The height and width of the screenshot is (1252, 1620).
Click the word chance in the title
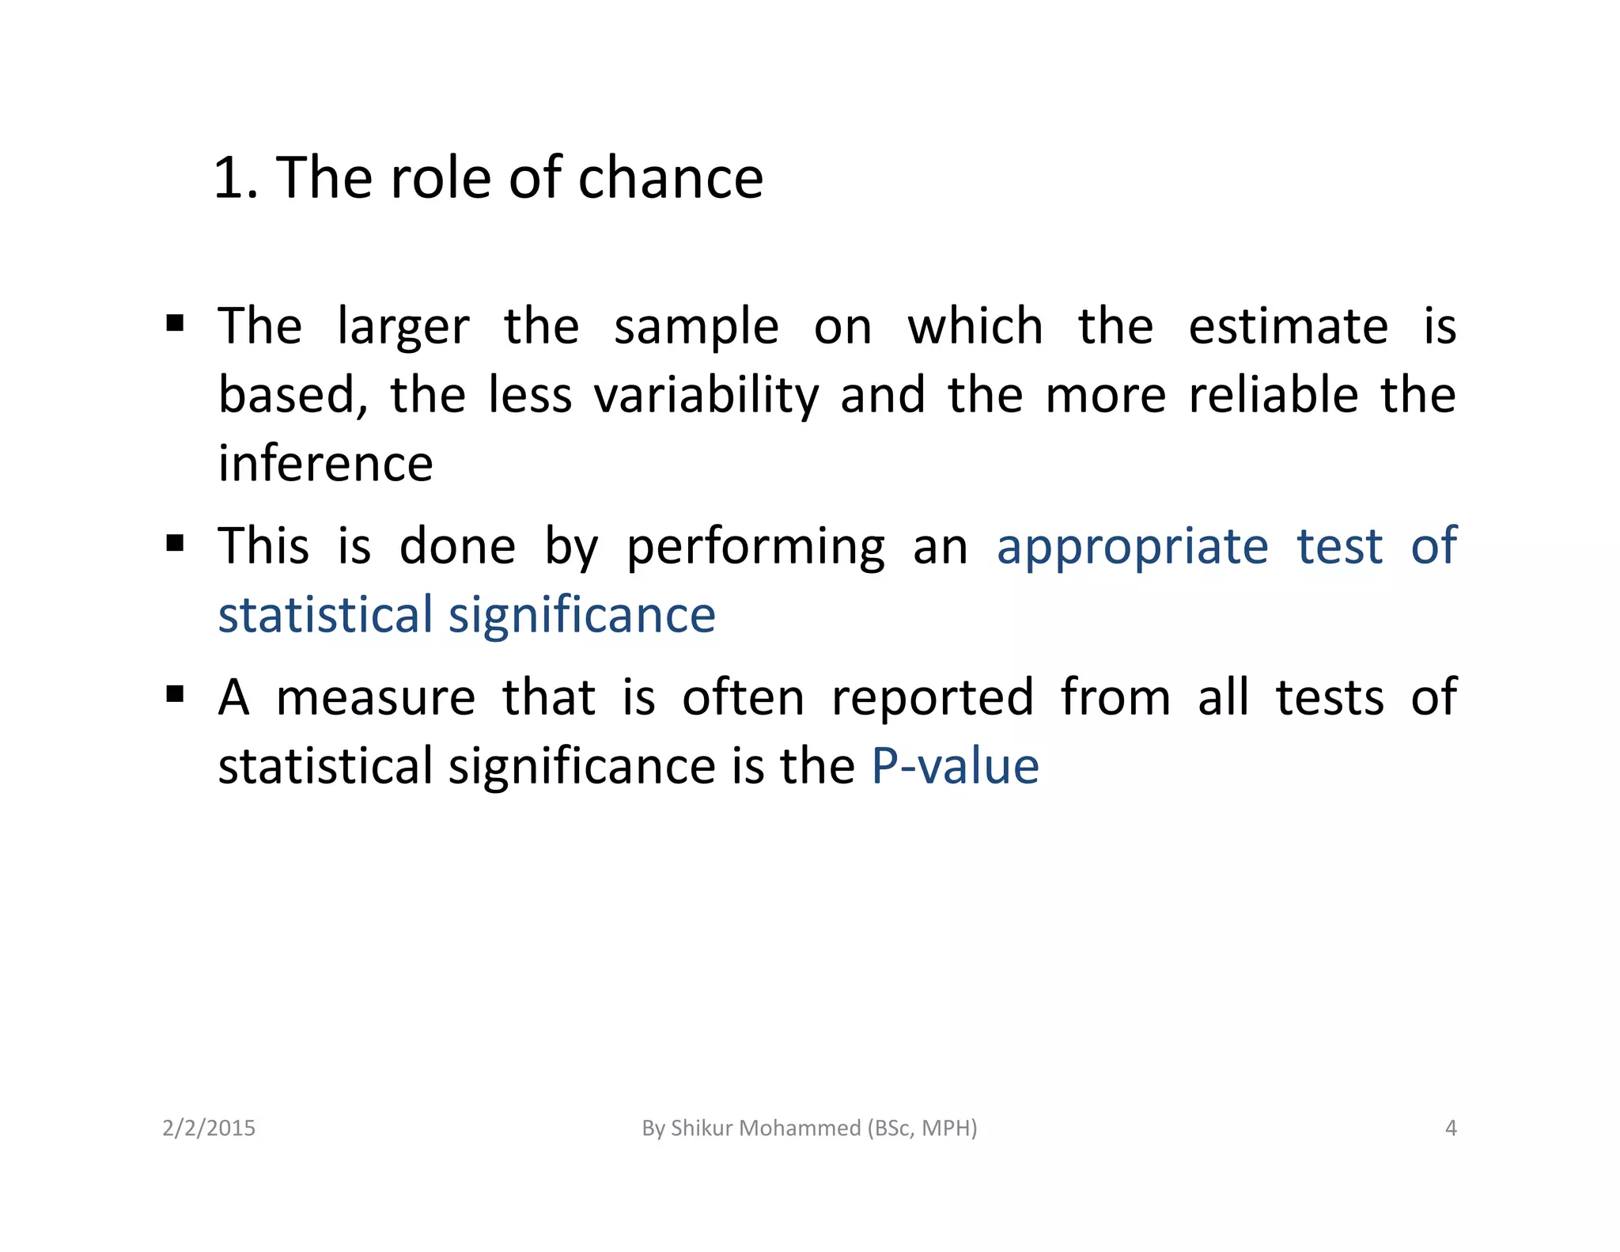click(x=670, y=177)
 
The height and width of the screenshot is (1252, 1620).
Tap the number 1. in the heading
click(x=236, y=177)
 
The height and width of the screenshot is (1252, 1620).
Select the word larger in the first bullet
click(x=403, y=326)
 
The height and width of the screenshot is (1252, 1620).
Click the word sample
click(x=696, y=326)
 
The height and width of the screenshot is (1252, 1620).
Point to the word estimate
click(x=1288, y=326)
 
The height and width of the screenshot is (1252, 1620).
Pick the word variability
click(x=706, y=395)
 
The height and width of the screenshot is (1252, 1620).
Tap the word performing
click(x=755, y=546)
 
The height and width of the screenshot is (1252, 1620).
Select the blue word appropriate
click(x=1132, y=546)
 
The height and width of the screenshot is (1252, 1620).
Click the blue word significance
click(x=582, y=615)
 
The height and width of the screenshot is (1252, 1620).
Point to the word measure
click(x=376, y=697)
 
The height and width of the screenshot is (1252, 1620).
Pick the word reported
click(x=933, y=697)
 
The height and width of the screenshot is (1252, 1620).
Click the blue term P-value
click(x=955, y=766)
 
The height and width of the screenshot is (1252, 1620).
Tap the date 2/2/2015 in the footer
click(x=209, y=1128)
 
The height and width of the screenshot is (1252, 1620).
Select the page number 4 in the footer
click(x=1451, y=1128)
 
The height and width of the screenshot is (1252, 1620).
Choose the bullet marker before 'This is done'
click(x=176, y=543)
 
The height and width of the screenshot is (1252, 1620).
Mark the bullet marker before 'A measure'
click(x=176, y=694)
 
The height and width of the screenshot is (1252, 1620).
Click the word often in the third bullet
click(x=743, y=697)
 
